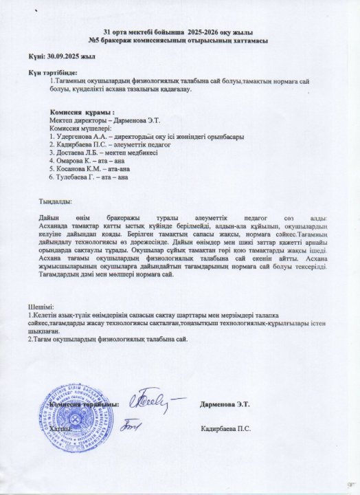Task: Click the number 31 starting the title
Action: [106, 33]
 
